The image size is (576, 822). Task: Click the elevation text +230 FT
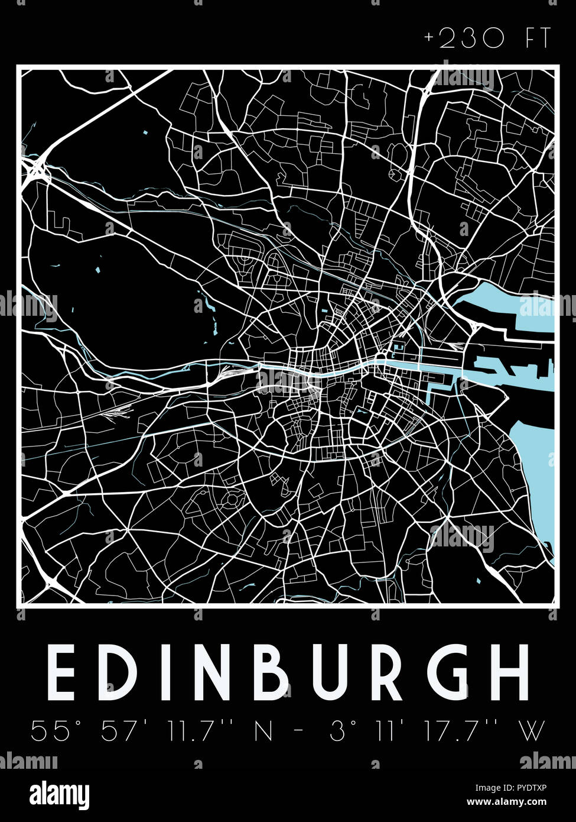click(487, 40)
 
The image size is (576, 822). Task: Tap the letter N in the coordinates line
click(262, 731)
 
